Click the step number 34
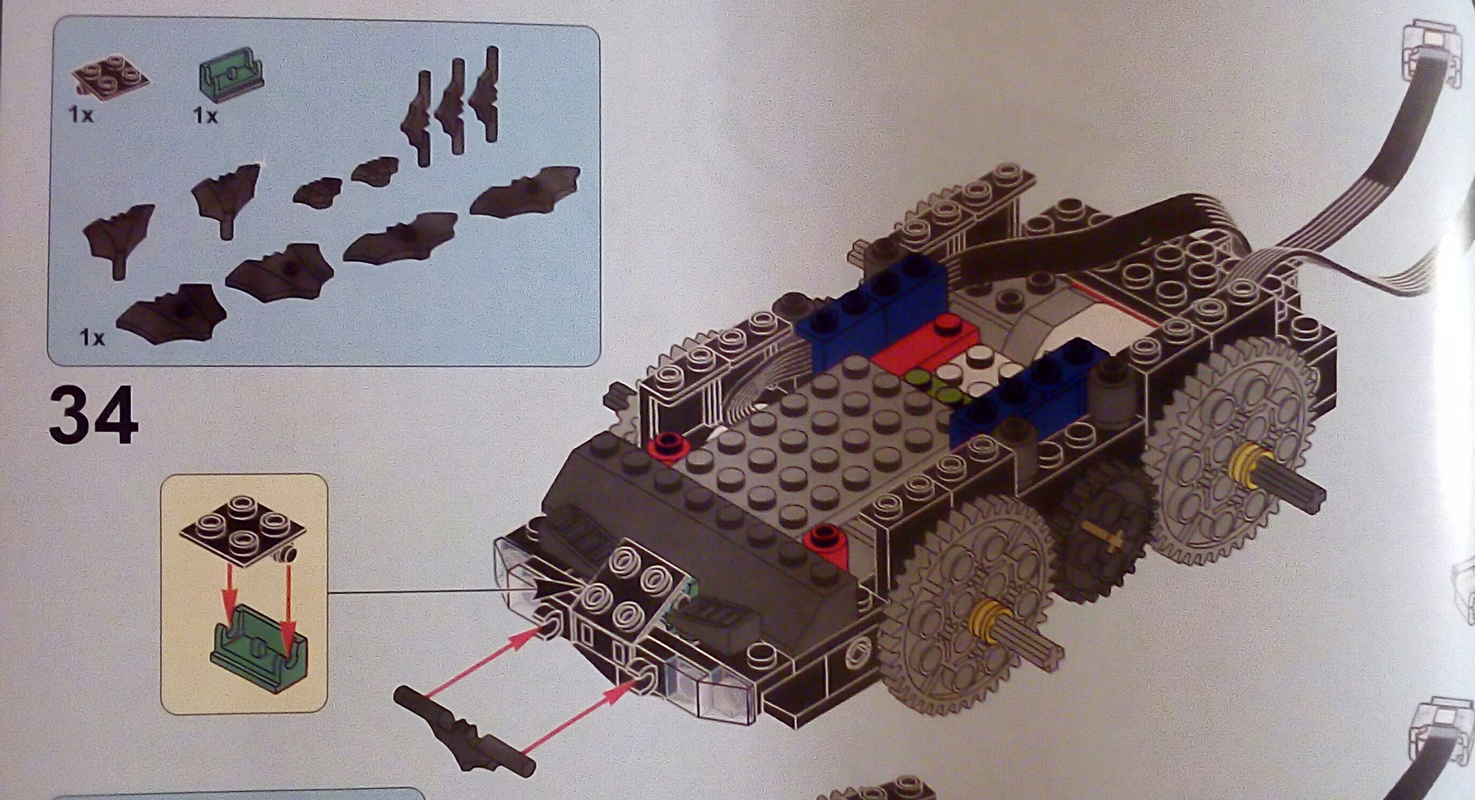[94, 416]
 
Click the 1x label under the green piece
[206, 116]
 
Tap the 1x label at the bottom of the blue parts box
[92, 338]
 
